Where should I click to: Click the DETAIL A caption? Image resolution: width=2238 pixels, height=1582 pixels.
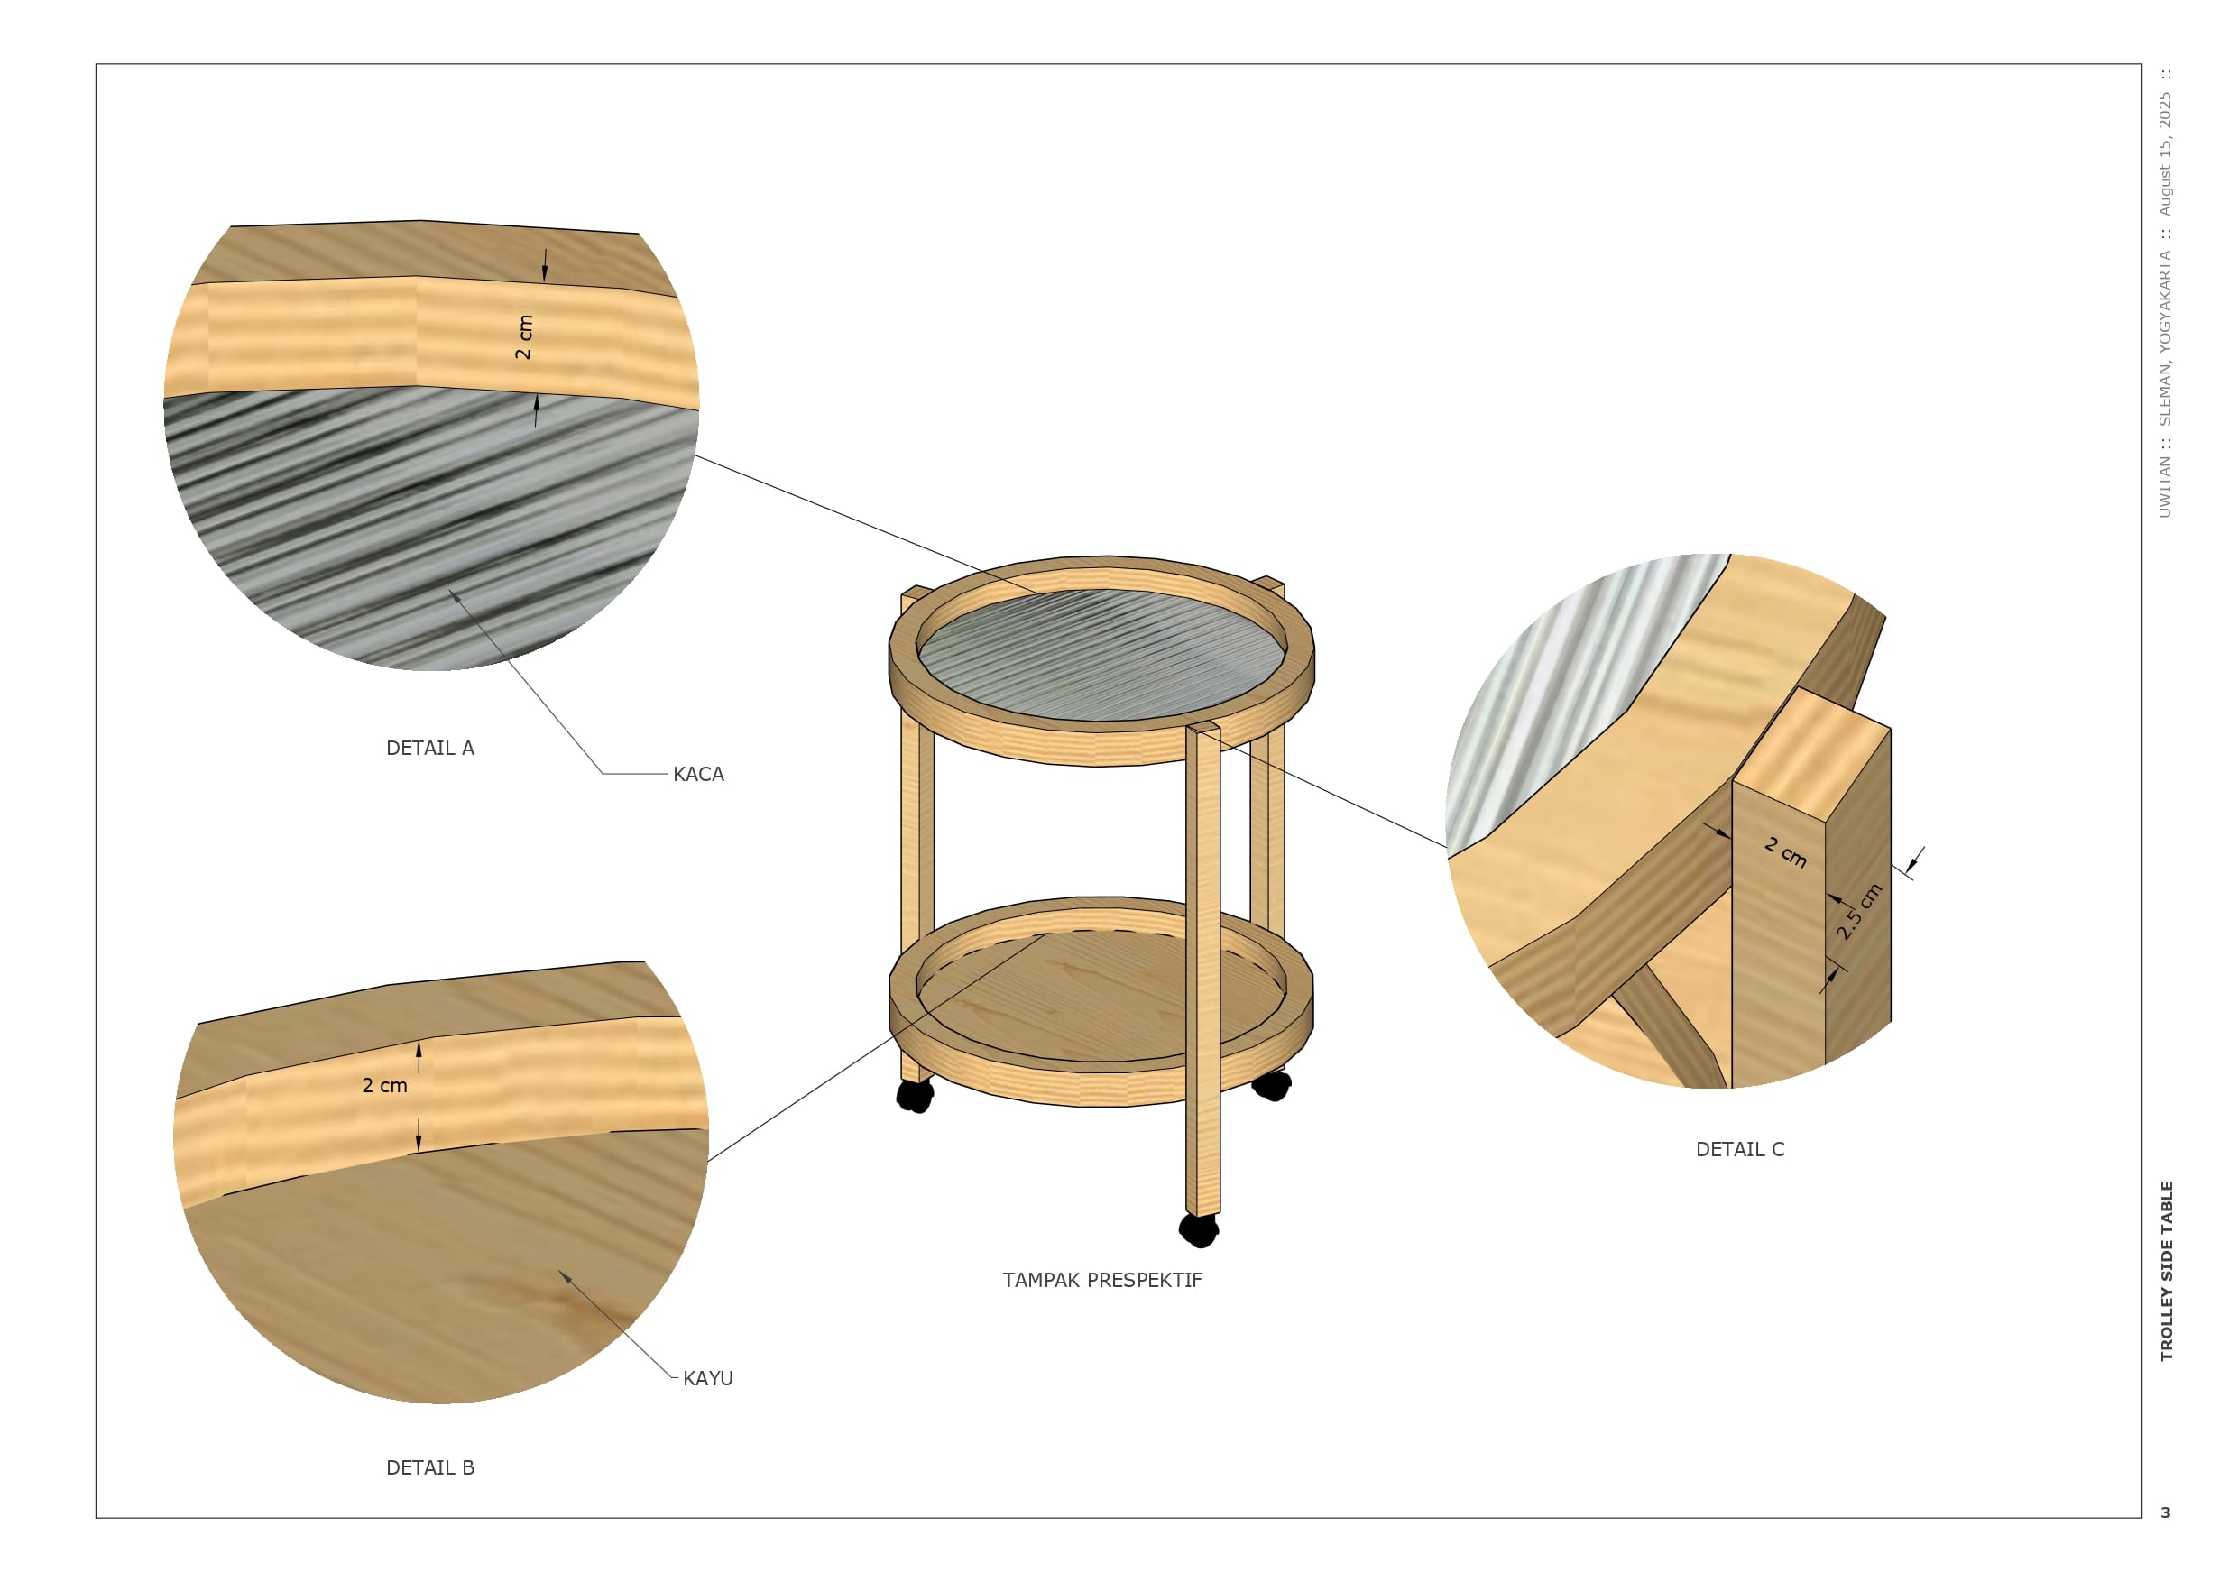pyautogui.click(x=430, y=749)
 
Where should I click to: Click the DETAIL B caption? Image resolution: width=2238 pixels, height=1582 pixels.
pyautogui.click(x=430, y=1468)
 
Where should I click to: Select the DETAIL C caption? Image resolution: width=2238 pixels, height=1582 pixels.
pyautogui.click(x=1740, y=1149)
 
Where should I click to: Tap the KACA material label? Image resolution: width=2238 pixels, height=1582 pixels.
pyautogui.click(x=698, y=775)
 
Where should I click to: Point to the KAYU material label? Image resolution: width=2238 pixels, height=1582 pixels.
pyautogui.click(x=707, y=1378)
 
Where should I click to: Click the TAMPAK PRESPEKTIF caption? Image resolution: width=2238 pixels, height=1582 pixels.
pyautogui.click(x=1102, y=1280)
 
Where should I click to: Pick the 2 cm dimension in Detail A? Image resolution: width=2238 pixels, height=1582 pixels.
pyautogui.click(x=524, y=337)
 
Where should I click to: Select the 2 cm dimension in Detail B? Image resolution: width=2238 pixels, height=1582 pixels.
pyautogui.click(x=385, y=1085)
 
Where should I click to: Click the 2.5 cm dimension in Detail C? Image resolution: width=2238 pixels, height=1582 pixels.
pyautogui.click(x=1860, y=911)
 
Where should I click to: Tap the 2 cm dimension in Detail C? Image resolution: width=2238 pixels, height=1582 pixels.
pyautogui.click(x=1786, y=852)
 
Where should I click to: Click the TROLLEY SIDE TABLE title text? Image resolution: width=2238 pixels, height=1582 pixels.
pyautogui.click(x=2167, y=1271)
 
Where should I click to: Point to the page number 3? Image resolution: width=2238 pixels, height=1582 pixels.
pyautogui.click(x=2166, y=1513)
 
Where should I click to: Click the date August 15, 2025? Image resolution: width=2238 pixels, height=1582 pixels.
pyautogui.click(x=2165, y=154)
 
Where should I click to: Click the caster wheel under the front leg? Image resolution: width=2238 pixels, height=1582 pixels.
pyautogui.click(x=1199, y=1230)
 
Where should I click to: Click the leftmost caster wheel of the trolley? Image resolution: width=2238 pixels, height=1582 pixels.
pyautogui.click(x=915, y=1095)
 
